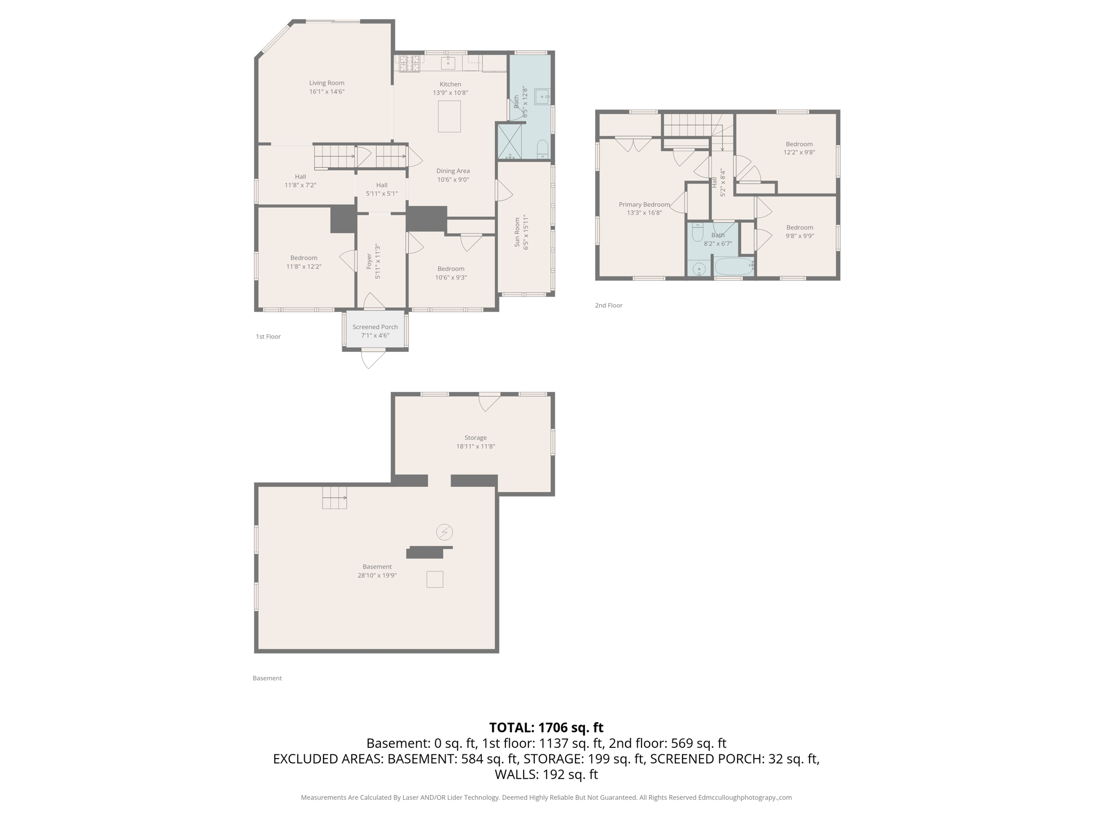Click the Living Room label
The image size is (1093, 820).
coord(327,83)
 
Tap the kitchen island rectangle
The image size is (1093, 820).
coord(449,116)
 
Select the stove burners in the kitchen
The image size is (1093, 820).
coord(409,64)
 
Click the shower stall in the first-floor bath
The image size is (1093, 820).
coord(510,141)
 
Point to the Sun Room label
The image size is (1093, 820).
coord(517,232)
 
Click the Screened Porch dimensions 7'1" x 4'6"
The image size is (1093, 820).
coord(375,335)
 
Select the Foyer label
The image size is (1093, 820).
coord(369,261)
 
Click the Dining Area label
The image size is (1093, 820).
coord(453,171)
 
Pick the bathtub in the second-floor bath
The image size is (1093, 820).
coord(734,266)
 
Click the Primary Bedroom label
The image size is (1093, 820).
coord(644,204)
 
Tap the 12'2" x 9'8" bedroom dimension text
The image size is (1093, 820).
coord(799,152)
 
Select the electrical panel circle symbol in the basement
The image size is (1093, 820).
coord(445,532)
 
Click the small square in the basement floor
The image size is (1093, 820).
coord(434,579)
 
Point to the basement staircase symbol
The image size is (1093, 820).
coord(334,498)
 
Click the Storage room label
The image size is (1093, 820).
coord(475,438)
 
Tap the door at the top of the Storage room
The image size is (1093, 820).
coord(488,402)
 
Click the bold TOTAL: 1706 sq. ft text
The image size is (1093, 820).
coord(546,727)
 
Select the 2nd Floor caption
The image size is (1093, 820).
coord(608,305)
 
